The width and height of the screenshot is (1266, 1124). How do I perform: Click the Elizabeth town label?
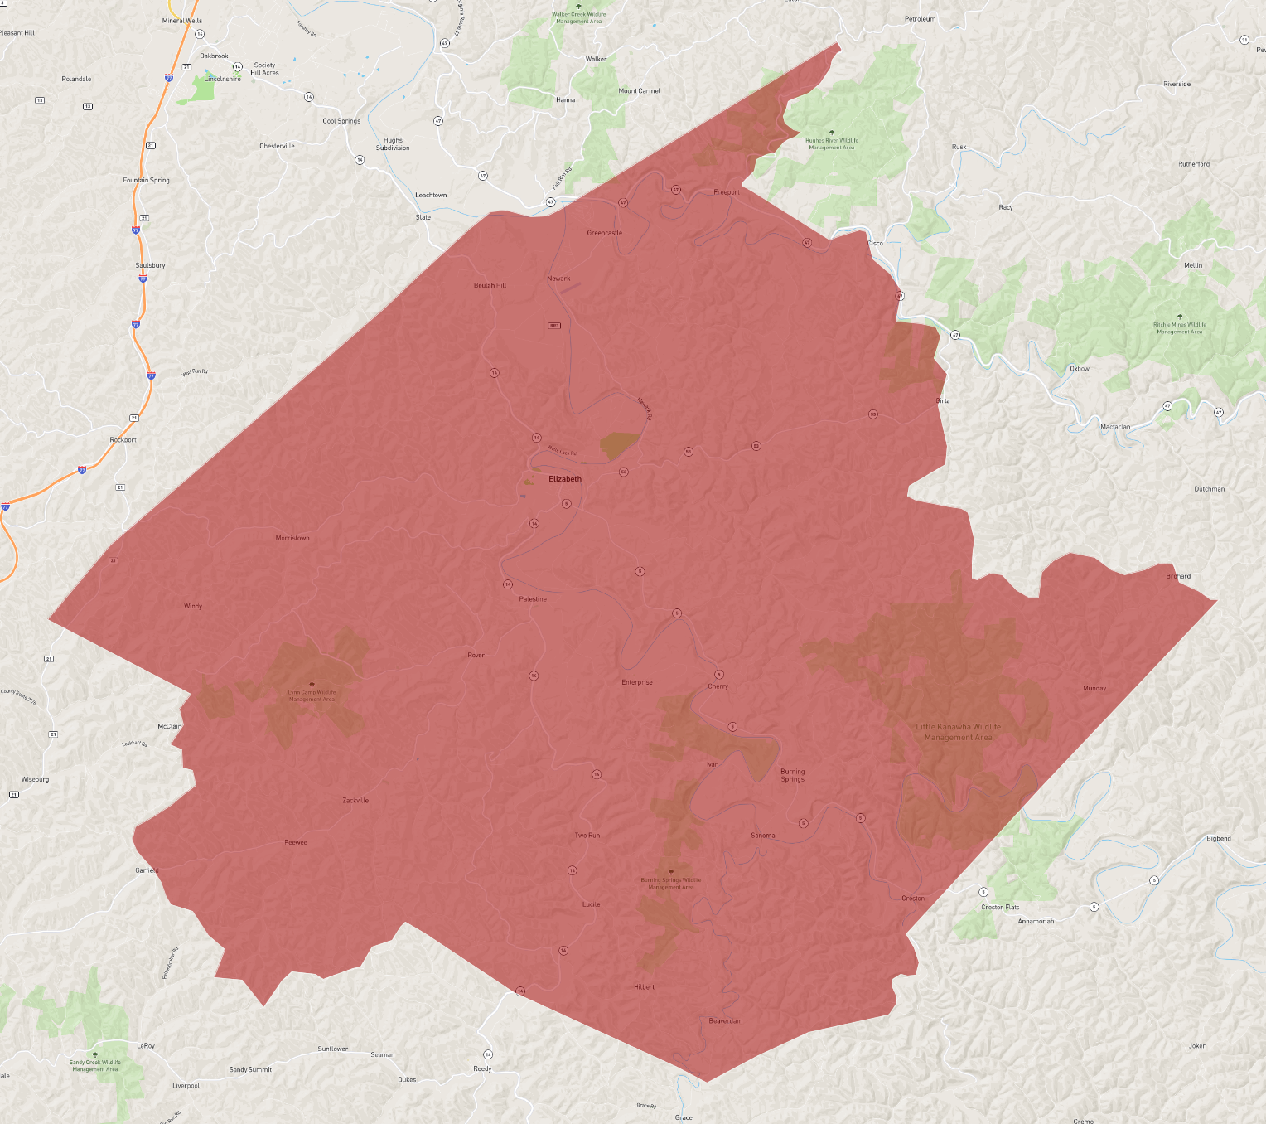click(x=565, y=479)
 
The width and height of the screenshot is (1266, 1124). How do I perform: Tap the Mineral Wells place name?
click(x=182, y=21)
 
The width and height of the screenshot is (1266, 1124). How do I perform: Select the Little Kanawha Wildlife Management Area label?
click(x=958, y=732)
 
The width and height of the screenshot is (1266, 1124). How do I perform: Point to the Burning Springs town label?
click(x=792, y=775)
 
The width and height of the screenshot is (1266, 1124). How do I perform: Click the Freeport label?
click(x=727, y=192)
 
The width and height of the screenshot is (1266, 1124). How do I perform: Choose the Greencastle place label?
click(x=604, y=233)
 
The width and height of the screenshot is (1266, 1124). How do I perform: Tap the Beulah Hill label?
click(x=490, y=285)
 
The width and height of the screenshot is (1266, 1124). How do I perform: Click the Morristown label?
click(x=292, y=538)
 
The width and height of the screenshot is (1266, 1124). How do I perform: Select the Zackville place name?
click(x=355, y=800)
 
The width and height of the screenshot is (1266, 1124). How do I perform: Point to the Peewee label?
click(x=296, y=842)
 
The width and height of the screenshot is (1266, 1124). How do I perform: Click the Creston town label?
click(x=913, y=899)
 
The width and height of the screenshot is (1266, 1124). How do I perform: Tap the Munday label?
click(x=1094, y=688)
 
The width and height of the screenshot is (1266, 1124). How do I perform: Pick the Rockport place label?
click(x=123, y=440)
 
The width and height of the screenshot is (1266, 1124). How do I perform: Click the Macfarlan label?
click(x=1115, y=427)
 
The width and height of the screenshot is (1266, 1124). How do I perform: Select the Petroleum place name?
click(x=920, y=19)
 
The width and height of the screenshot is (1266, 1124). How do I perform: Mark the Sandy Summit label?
click(x=250, y=1069)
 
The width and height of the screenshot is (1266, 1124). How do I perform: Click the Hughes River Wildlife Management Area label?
click(x=832, y=143)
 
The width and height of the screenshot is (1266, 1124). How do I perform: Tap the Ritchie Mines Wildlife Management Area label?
click(x=1180, y=328)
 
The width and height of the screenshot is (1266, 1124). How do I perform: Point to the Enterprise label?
click(x=637, y=682)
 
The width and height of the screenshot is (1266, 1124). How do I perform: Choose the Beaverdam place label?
click(x=726, y=1020)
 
